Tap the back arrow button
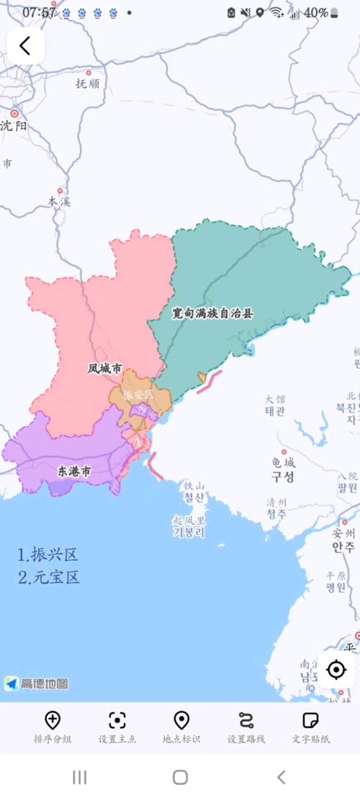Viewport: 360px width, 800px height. [25, 46]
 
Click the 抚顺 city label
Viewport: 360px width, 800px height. [88, 83]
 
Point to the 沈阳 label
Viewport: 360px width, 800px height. [14, 125]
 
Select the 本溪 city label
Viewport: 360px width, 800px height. [59, 202]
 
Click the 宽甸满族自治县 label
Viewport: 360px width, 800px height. [212, 313]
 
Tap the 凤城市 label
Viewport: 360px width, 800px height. [104, 369]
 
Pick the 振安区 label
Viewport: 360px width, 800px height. [138, 395]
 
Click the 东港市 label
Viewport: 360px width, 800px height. [74, 472]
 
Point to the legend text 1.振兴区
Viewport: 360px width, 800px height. [48, 554]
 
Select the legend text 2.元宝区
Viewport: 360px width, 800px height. [49, 577]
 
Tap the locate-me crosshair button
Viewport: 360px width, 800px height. [336, 670]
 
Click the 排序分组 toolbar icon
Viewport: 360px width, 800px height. [52, 720]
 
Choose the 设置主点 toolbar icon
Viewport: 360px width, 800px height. [117, 720]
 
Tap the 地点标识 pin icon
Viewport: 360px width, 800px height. [181, 720]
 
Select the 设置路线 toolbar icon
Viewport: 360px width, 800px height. [246, 720]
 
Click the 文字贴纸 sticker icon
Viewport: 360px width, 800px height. [310, 720]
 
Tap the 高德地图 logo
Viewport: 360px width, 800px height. [36, 683]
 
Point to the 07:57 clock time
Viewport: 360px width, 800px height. [39, 12]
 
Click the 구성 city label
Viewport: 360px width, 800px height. [282, 477]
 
